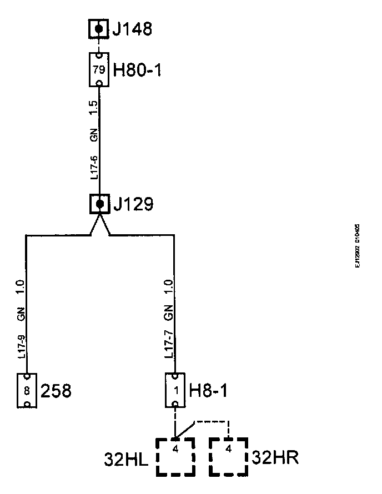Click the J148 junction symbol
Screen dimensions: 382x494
click(99, 28)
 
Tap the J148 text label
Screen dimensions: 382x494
click(132, 28)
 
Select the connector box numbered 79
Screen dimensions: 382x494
click(99, 70)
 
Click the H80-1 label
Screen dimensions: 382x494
click(137, 70)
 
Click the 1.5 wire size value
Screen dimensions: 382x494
click(94, 108)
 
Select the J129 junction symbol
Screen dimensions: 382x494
click(99, 204)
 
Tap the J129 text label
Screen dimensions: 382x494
click(133, 204)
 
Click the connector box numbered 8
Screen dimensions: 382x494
click(27, 391)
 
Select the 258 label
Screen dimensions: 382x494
click(57, 391)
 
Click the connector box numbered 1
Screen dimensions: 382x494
click(175, 391)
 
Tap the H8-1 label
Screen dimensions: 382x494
click(208, 391)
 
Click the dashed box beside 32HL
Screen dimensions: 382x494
click(175, 457)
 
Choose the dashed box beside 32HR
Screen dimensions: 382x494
click(229, 457)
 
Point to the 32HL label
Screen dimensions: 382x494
click(127, 459)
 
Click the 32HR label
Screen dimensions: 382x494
click(275, 458)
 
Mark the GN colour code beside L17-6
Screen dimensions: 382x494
click(94, 135)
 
